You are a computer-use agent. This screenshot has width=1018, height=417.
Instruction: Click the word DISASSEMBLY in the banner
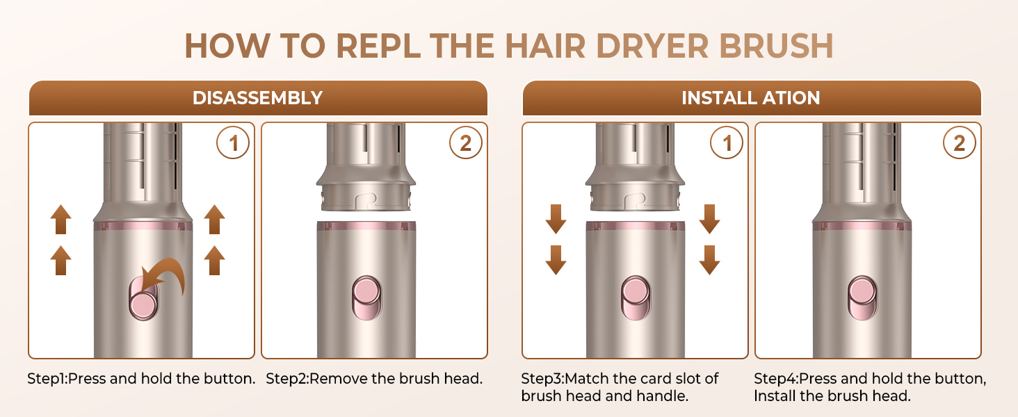(x=257, y=98)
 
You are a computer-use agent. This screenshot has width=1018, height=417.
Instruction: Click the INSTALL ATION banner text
(x=751, y=98)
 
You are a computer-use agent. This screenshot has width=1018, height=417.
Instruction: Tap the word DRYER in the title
(x=652, y=47)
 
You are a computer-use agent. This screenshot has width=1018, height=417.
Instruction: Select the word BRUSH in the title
(x=777, y=47)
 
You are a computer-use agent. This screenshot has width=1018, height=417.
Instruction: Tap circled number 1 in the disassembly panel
(x=233, y=143)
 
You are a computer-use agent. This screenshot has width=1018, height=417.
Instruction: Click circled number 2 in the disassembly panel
(x=466, y=143)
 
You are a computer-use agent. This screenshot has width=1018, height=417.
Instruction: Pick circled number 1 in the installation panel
(x=727, y=143)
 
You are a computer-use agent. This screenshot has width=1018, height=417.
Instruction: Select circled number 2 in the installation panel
(x=960, y=143)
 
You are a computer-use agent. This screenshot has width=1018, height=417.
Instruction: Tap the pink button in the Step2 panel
(x=366, y=298)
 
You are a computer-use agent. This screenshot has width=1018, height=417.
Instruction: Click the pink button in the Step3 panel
(x=636, y=298)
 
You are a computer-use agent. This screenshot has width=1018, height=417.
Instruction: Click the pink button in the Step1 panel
(x=143, y=299)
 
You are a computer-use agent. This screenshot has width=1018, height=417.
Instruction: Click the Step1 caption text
(x=141, y=378)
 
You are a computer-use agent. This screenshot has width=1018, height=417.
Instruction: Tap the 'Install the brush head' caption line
(x=832, y=396)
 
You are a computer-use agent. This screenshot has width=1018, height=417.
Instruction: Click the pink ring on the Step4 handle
(x=862, y=226)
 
